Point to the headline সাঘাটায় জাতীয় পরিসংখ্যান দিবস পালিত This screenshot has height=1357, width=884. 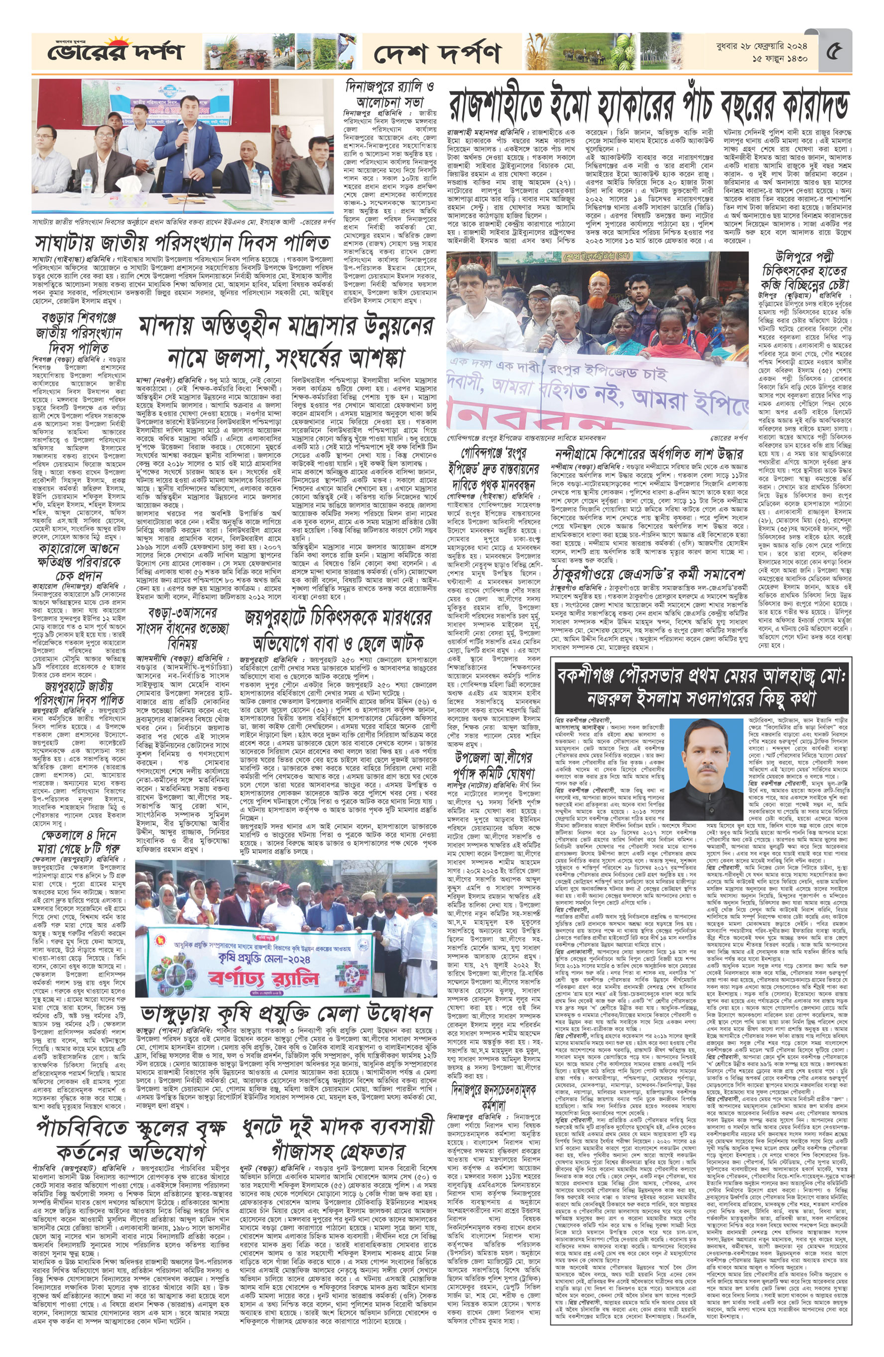coord(182,242)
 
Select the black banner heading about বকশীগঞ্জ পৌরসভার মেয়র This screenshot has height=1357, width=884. coord(703,687)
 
